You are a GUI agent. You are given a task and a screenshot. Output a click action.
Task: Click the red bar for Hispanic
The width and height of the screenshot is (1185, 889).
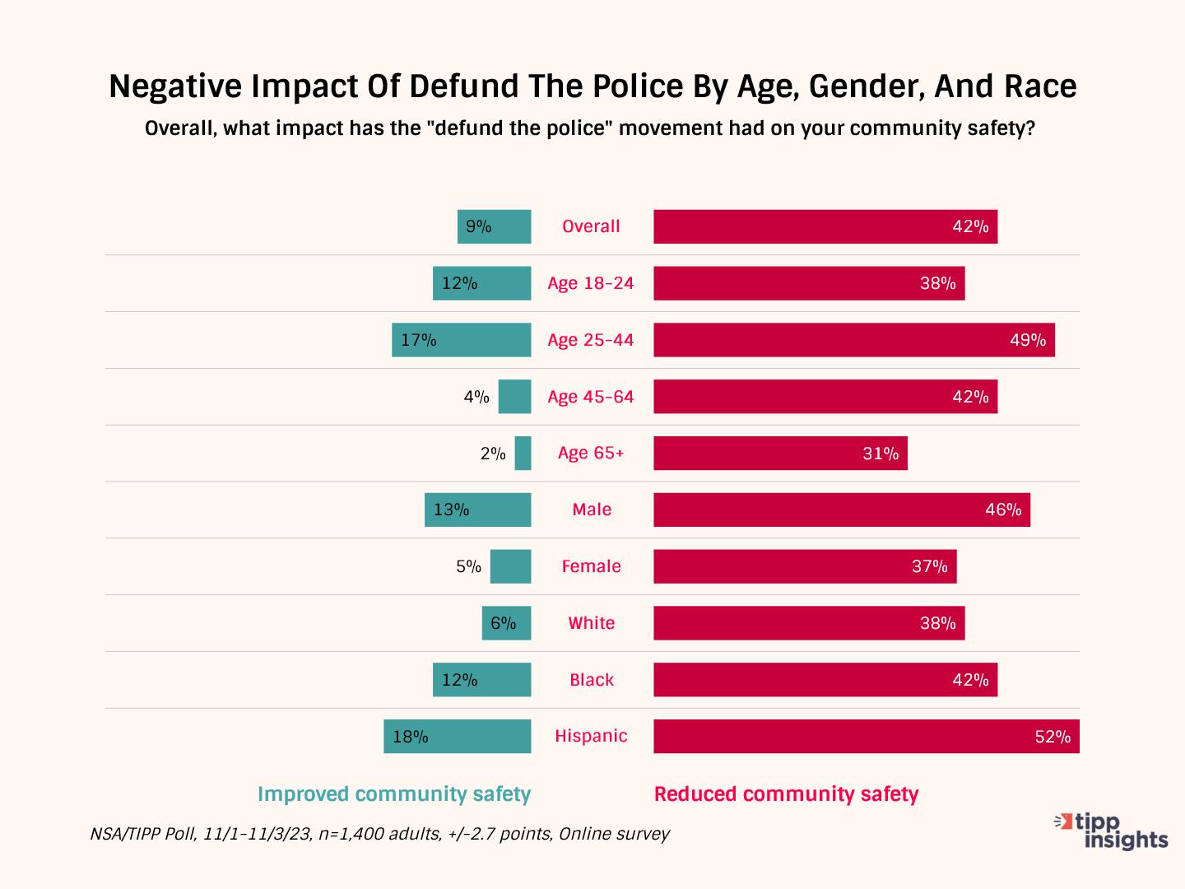[866, 737]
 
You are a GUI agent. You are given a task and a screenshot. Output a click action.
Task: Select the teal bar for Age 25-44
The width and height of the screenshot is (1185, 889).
[461, 340]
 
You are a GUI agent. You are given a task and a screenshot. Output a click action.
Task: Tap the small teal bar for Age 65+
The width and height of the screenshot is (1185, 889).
[523, 454]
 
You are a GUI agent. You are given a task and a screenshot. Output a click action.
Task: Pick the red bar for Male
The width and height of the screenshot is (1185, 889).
[841, 510]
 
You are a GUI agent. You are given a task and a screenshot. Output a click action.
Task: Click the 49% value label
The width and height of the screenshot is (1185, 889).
[1028, 340]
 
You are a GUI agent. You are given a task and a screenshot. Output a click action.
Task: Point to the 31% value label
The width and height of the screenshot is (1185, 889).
[881, 454]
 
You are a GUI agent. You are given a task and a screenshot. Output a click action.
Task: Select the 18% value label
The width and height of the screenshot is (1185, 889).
[411, 737]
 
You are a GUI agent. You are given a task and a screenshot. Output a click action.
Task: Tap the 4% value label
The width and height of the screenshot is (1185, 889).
[476, 397]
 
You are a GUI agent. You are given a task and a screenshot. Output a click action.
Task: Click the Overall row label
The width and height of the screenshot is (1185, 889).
[591, 226]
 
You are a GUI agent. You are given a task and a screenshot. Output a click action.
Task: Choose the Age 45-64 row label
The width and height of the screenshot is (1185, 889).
[591, 397]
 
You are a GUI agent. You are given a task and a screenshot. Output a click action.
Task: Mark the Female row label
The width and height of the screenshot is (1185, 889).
[591, 566]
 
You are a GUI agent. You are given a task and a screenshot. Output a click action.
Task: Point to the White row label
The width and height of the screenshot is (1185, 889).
[591, 623]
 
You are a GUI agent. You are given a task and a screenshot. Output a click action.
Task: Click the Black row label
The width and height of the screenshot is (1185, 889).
[592, 680]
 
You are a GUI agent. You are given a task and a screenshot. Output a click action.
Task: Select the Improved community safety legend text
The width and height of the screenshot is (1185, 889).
[394, 794]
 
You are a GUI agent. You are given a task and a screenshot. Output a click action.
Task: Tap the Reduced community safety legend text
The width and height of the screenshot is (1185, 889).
[786, 794]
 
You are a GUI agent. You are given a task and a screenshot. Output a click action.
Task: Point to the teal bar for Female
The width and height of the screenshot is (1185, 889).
[510, 566]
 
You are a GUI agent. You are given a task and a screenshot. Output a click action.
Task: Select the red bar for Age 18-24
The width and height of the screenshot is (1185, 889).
[809, 283]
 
